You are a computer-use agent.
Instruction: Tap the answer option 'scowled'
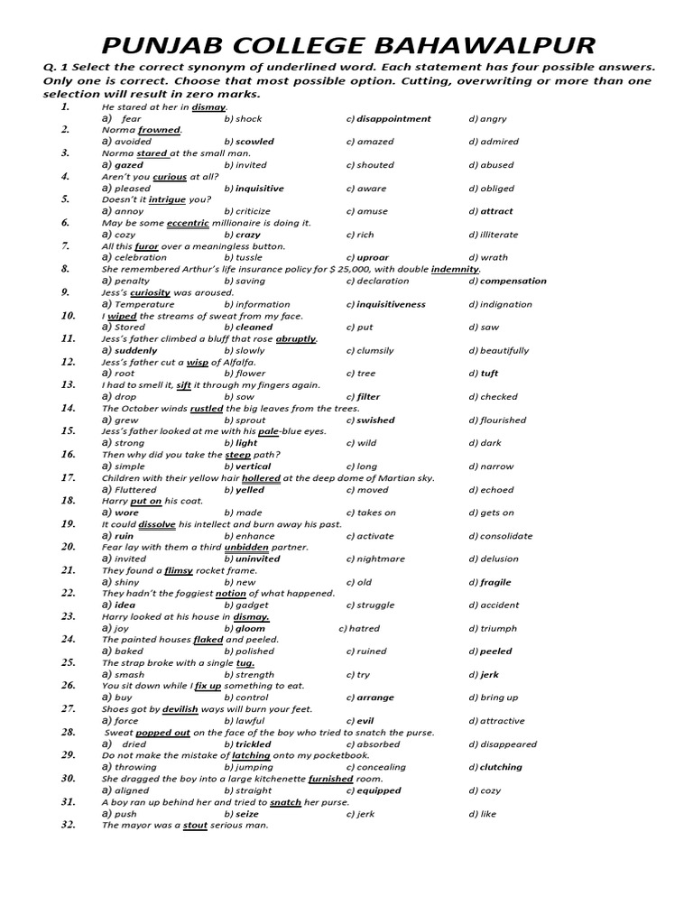254,142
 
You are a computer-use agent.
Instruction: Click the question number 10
68,316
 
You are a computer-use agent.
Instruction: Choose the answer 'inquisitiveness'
391,304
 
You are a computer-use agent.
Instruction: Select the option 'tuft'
489,374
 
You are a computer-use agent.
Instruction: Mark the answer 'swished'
375,420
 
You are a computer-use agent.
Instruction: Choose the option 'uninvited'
257,559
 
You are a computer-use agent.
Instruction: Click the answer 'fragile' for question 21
495,582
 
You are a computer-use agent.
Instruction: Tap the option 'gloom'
250,628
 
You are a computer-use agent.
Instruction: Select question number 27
68,709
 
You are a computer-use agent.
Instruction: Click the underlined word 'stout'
196,825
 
